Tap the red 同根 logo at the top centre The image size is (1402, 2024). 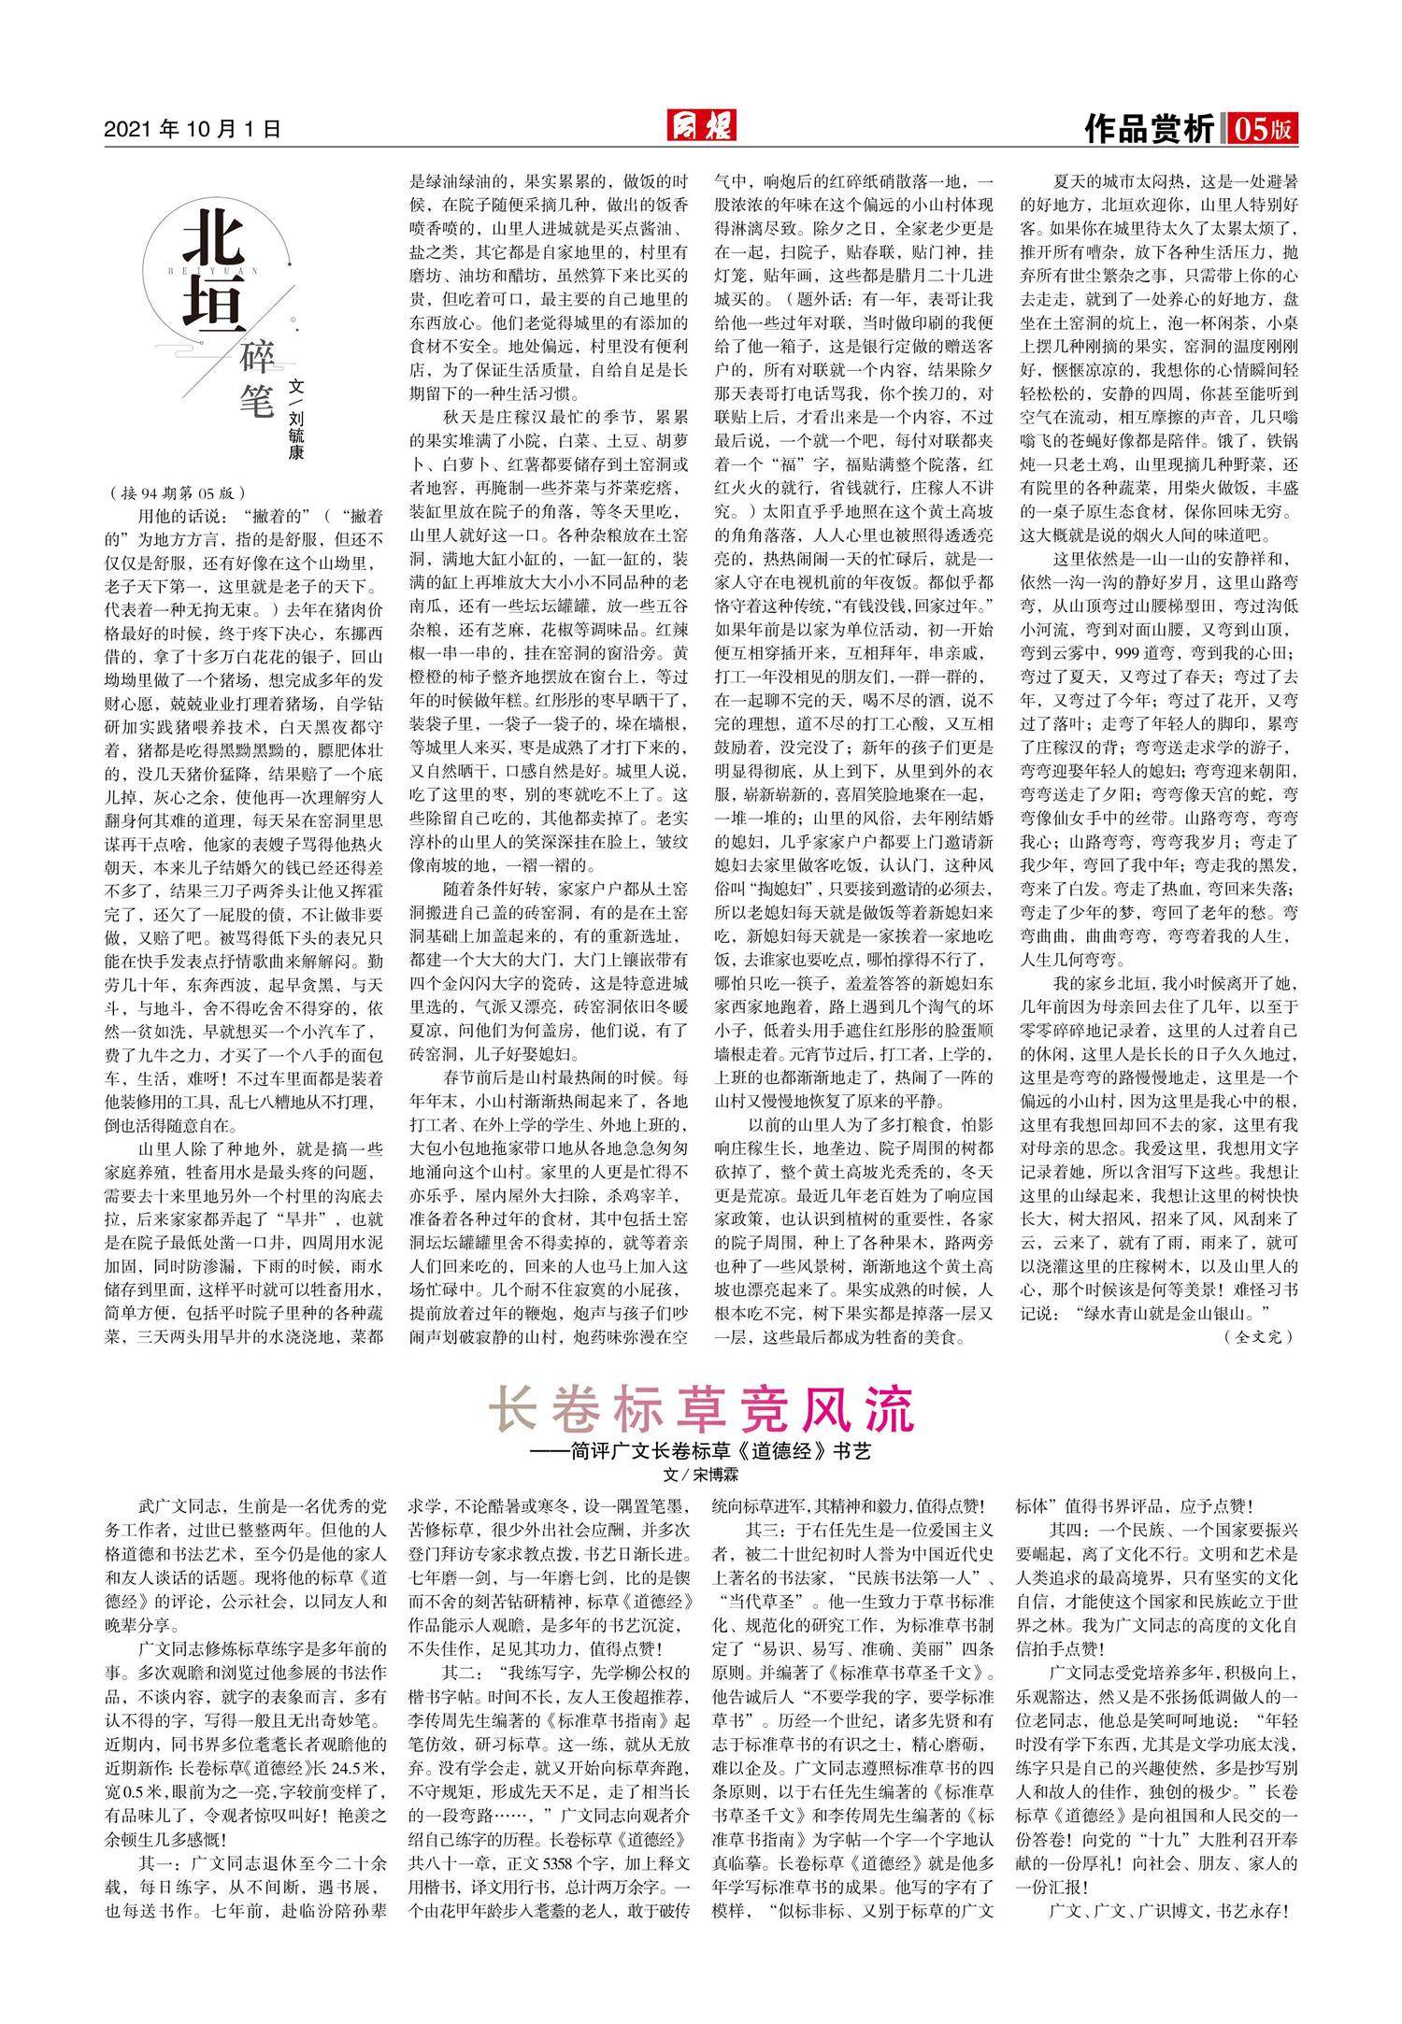tap(700, 125)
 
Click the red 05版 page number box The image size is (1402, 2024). tap(1263, 129)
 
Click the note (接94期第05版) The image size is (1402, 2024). tap(177, 492)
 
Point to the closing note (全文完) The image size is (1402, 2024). tap(1258, 1337)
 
